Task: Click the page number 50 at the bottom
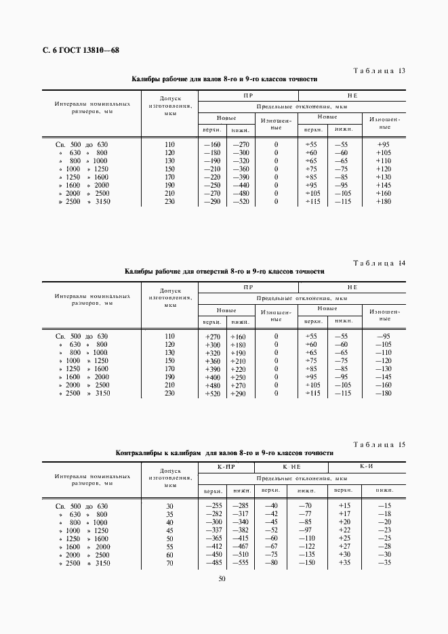[x=222, y=578]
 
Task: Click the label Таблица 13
[x=380, y=70]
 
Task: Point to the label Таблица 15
[x=380, y=444]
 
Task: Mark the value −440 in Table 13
[x=241, y=185]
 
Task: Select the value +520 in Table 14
[x=212, y=393]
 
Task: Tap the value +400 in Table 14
[x=212, y=377]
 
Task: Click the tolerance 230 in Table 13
[x=169, y=201]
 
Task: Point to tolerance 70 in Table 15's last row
[x=169, y=563]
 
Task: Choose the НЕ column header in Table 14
[x=352, y=288]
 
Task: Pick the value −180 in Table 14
[x=384, y=393]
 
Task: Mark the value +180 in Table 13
[x=384, y=201]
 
